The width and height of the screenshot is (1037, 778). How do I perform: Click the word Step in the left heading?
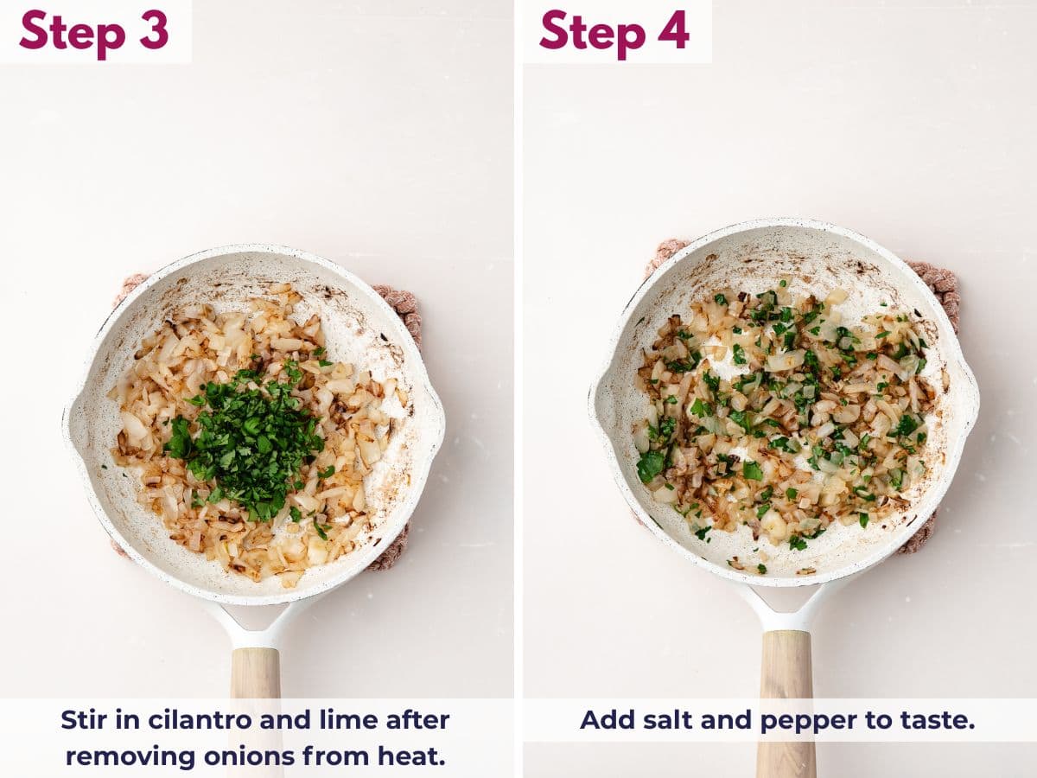[72, 33]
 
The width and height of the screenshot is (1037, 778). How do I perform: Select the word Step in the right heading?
[592, 33]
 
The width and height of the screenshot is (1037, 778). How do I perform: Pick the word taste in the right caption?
[938, 719]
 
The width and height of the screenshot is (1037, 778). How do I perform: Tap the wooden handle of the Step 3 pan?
[256, 674]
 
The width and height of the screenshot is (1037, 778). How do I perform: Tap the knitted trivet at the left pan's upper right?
[403, 307]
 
